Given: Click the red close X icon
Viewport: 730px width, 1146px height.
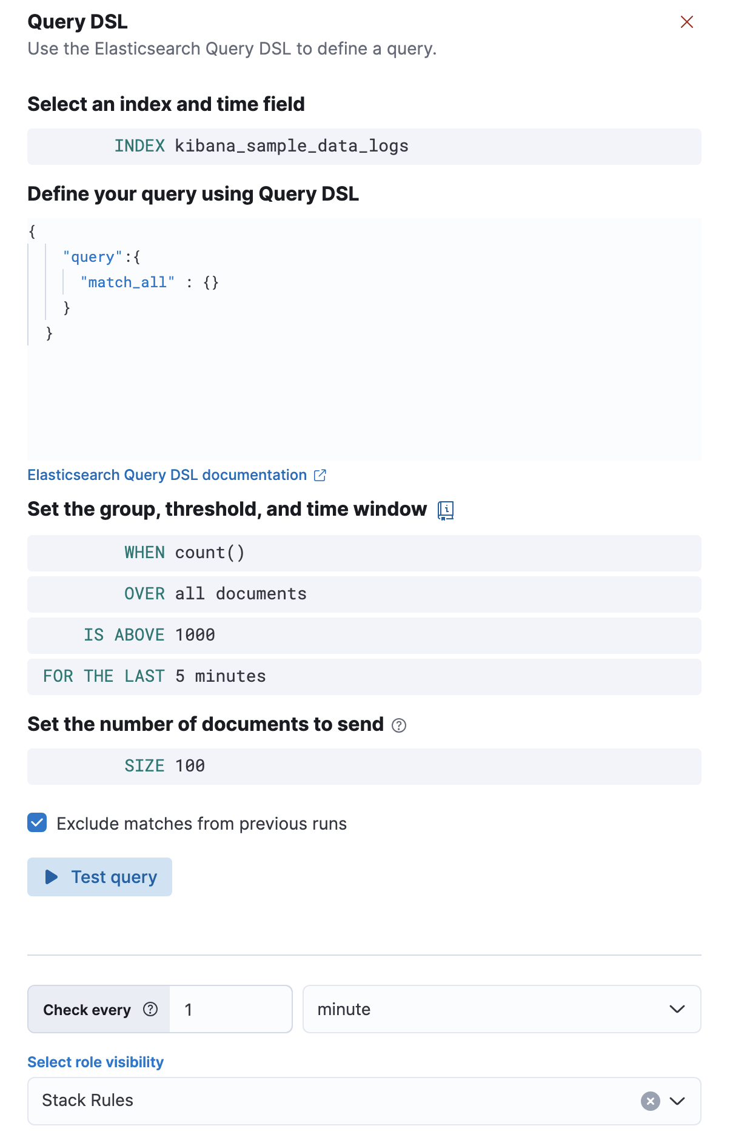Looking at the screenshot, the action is (x=687, y=22).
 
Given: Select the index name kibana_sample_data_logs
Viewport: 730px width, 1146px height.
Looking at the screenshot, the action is (x=292, y=146).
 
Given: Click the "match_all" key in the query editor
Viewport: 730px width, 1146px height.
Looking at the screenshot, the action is (x=127, y=282).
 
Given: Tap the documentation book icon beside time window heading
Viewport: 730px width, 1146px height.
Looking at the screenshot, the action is (x=446, y=510).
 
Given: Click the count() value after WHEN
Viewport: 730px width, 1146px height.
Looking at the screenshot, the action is (x=210, y=553).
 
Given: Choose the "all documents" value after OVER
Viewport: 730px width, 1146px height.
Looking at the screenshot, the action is (x=241, y=594).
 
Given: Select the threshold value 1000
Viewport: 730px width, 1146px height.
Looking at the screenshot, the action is (x=195, y=635).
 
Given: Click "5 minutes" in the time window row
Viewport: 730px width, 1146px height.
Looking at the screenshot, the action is (x=221, y=676).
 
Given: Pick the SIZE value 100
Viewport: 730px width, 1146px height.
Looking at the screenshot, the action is (x=190, y=766).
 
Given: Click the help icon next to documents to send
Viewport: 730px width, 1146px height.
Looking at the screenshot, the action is (x=399, y=725).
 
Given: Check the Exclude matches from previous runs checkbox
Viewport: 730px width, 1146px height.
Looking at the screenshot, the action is (x=37, y=823).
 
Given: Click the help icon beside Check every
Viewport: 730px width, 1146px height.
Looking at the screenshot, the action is (x=150, y=1009).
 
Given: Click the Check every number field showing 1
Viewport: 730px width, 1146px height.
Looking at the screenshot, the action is (x=230, y=1009).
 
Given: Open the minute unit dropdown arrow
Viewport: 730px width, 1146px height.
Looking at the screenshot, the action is (x=677, y=1009).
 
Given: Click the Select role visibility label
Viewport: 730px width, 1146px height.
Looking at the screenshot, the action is (x=96, y=1062).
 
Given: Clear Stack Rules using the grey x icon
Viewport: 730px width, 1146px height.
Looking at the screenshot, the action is (x=651, y=1101).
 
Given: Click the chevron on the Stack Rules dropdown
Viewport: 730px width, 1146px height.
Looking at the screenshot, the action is (x=677, y=1101).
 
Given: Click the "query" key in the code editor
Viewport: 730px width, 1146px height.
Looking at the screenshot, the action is (x=93, y=257).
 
